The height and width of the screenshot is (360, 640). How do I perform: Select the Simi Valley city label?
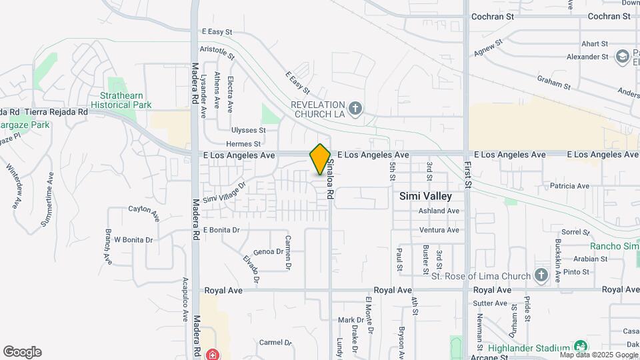pos(425,197)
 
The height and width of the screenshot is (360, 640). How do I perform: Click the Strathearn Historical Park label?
pos(121,101)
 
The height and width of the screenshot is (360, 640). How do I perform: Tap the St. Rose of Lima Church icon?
pos(541,276)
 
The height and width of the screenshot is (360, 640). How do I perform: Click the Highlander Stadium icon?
pos(581,347)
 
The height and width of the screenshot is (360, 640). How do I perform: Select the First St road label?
pos(468,173)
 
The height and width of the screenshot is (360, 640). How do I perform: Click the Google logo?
pos(22,352)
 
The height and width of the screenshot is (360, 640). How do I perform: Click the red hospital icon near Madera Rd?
pos(213,354)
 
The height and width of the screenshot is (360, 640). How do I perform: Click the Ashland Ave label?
pos(439,211)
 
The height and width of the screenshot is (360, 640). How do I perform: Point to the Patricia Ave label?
pos(569,186)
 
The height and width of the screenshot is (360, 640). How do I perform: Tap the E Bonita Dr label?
pos(221,230)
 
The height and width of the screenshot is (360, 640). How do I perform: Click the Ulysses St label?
pos(248,131)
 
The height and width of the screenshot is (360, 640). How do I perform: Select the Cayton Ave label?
pos(145,213)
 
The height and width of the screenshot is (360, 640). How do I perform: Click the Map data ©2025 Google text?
pos(599,355)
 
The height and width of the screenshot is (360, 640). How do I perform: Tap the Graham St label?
pos(554,82)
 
